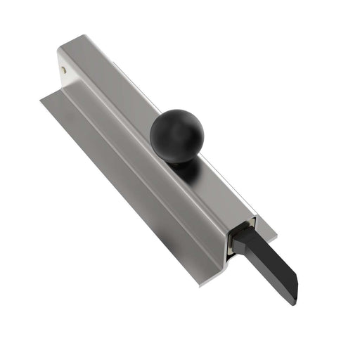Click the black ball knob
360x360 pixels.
tap(176, 134)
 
